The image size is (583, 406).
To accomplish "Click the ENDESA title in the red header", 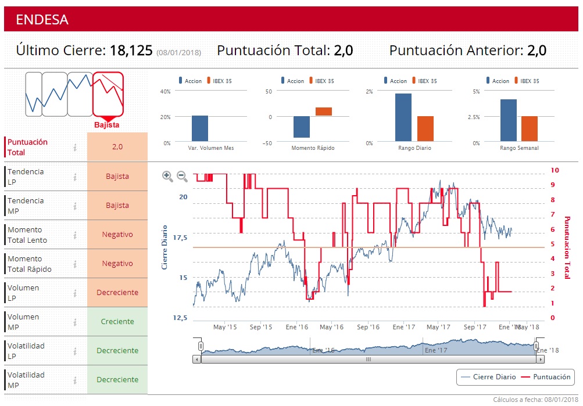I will [x=42, y=19].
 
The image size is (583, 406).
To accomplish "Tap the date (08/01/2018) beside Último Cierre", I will [x=178, y=53].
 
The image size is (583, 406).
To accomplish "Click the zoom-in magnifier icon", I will [x=167, y=176].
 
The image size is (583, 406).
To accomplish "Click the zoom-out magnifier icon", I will [x=182, y=176].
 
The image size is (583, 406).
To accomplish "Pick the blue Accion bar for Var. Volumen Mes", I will [x=200, y=128].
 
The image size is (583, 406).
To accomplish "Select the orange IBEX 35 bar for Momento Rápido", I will [x=324, y=112].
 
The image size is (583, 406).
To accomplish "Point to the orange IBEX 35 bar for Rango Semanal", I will [x=530, y=128].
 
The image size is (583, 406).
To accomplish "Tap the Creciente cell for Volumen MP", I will [x=117, y=321].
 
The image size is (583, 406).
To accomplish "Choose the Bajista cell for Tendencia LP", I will [x=117, y=176].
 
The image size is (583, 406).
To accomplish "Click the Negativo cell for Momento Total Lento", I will [x=117, y=234].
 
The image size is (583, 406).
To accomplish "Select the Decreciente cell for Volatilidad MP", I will [x=117, y=379].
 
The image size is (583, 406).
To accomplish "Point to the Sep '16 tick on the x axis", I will [x=368, y=327].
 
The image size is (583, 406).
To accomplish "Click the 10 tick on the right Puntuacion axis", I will [x=555, y=170].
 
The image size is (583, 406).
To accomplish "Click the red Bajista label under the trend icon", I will [x=107, y=125].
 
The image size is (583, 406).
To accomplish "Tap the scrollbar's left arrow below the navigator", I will [x=198, y=359].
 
